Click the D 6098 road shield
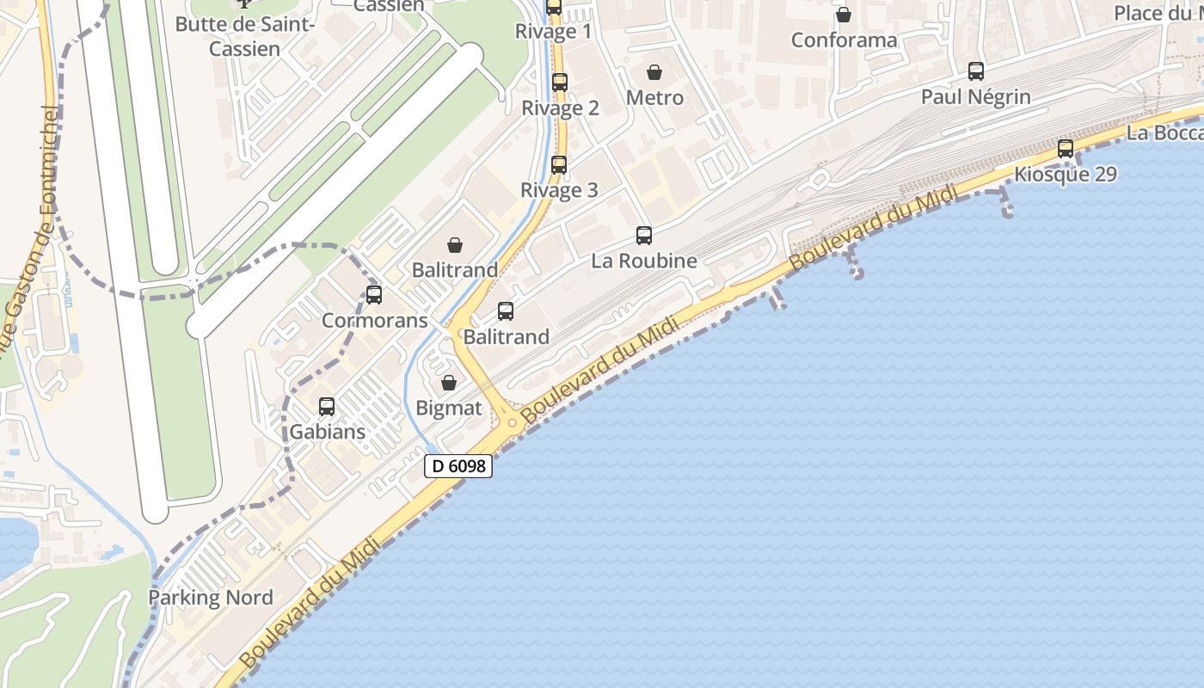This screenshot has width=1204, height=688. [458, 466]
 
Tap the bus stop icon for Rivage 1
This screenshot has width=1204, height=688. [554, 8]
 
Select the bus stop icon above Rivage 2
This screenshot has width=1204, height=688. [560, 83]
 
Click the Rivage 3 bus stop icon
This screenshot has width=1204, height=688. [559, 165]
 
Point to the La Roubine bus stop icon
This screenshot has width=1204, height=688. [644, 235]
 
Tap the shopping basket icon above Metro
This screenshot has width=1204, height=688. [654, 72]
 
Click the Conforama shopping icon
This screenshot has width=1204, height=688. [844, 15]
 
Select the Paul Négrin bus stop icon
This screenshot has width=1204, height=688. [976, 71]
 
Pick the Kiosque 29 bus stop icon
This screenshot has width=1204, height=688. [1066, 149]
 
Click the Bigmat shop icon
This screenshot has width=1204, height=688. [449, 383]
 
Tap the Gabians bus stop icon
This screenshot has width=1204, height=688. [327, 407]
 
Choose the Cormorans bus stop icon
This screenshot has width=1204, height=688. [374, 295]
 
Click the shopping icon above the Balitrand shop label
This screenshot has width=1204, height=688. [455, 245]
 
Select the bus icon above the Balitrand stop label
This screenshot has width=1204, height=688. [506, 311]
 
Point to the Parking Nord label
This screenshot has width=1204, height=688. [211, 598]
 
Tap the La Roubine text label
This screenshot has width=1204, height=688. [644, 260]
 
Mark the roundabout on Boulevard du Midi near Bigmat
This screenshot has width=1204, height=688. [513, 421]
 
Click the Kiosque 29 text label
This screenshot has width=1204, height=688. [1066, 175]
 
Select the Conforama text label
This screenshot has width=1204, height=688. [844, 40]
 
